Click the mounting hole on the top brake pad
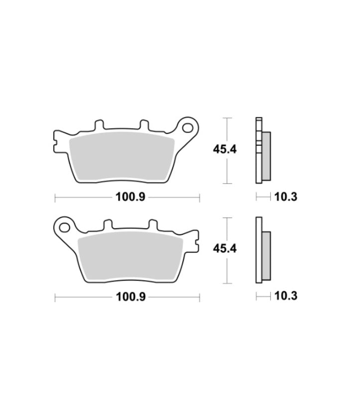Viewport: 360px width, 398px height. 188,128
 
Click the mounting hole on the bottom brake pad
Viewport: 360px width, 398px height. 64,227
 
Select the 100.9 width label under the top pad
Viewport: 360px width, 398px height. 130,197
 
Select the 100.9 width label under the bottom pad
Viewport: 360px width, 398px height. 130,296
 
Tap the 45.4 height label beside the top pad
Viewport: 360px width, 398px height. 225,149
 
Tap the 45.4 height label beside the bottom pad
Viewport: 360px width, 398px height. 225,248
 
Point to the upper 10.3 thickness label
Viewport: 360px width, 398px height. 286,197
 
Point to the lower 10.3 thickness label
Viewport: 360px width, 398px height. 286,296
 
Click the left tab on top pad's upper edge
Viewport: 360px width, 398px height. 99,125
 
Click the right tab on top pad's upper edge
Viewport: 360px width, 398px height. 144,125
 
